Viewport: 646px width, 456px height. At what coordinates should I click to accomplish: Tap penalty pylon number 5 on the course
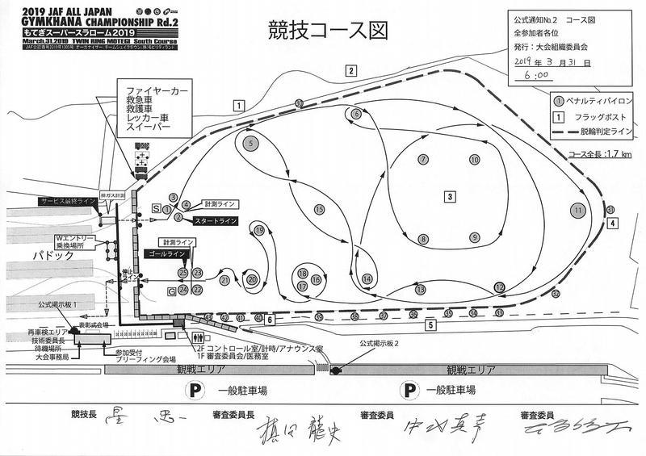251,143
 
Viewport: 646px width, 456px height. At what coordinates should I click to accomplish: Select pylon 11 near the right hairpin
577,210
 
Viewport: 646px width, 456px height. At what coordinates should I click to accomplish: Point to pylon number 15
320,210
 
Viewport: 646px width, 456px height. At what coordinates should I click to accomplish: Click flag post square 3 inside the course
449,195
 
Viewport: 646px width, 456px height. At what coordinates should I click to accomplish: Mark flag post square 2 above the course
352,70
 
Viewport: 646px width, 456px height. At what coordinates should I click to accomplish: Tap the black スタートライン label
216,220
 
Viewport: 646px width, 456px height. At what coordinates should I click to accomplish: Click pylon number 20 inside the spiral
253,279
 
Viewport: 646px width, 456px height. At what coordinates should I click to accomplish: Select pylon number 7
423,159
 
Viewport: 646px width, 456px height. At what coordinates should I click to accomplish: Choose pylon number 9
475,237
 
